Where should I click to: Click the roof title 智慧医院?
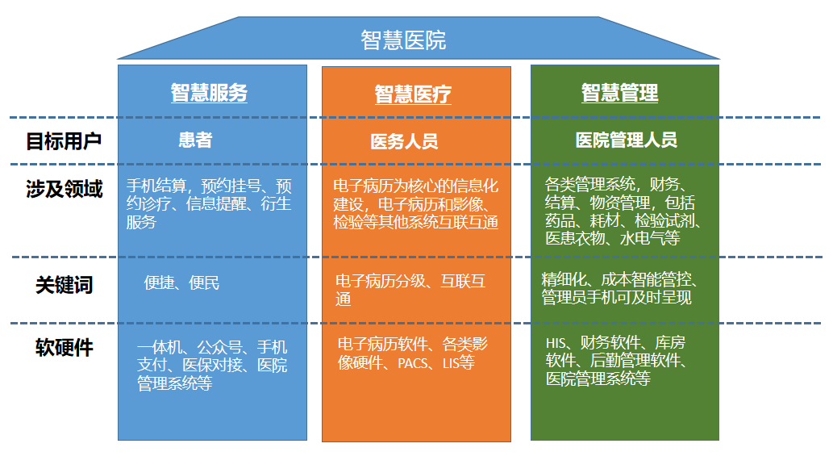(x=403, y=40)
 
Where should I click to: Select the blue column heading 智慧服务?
(x=210, y=93)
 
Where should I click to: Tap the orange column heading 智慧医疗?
(x=413, y=94)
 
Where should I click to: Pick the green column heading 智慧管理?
(x=619, y=93)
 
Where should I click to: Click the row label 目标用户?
(x=64, y=141)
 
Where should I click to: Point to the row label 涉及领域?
(x=65, y=189)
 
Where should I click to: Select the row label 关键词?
(x=65, y=285)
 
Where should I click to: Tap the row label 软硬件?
(x=65, y=348)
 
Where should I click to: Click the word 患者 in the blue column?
(x=195, y=140)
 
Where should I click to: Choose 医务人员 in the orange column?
(x=404, y=141)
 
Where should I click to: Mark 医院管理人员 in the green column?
(x=627, y=140)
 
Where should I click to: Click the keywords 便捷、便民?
(x=181, y=282)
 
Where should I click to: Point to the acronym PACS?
(x=413, y=363)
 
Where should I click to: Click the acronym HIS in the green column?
(x=556, y=343)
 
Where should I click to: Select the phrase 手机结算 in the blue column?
(x=156, y=186)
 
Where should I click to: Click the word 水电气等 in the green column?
(x=650, y=238)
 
